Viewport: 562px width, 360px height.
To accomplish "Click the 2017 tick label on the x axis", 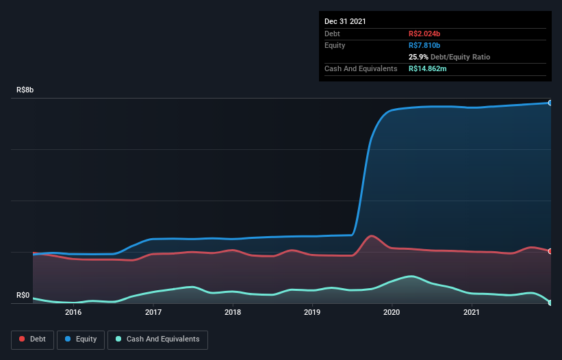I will [x=153, y=312].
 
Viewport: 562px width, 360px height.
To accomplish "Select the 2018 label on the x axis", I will [x=233, y=312].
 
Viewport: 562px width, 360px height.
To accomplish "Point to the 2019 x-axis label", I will [x=312, y=312].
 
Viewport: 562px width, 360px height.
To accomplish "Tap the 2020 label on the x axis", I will [x=392, y=312].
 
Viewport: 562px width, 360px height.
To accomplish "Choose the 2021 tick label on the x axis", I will [x=472, y=312].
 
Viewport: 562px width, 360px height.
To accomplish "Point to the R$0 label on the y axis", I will [x=23, y=296].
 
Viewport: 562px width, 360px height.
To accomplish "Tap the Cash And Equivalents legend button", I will [x=157, y=339].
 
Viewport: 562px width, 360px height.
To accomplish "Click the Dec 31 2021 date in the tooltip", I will [x=345, y=21].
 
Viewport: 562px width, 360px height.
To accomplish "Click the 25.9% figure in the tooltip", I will [x=419, y=57].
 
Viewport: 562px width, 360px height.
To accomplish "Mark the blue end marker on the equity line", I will [x=550, y=103].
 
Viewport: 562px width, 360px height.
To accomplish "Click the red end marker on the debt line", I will [x=550, y=251].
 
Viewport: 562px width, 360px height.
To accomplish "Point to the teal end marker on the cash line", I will [x=550, y=303].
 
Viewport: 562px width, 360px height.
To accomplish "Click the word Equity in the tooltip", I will [x=335, y=45].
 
